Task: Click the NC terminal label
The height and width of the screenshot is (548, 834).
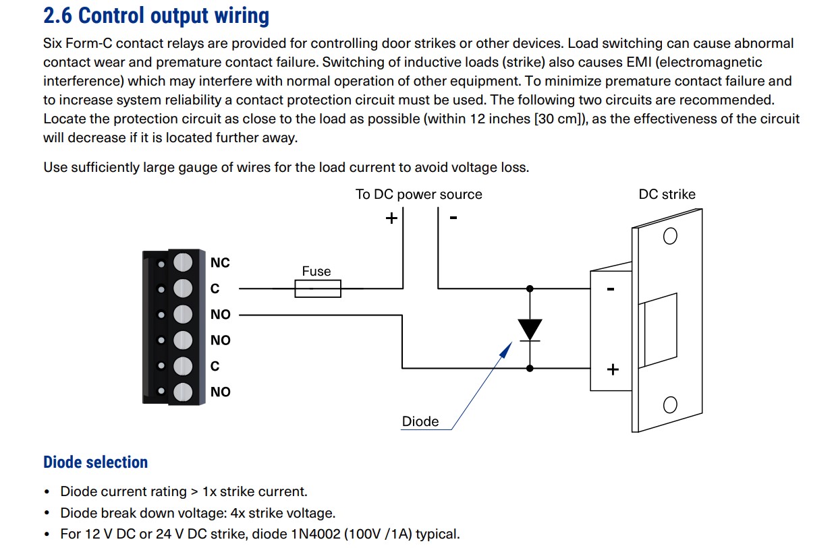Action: pos(220,263)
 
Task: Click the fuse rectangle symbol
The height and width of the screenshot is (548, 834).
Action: pos(318,289)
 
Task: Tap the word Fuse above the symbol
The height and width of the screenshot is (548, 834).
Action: pos(316,271)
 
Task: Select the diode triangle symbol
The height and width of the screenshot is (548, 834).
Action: pos(530,329)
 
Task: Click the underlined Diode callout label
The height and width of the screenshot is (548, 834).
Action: pos(420,422)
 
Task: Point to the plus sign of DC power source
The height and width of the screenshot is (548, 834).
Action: pos(391,218)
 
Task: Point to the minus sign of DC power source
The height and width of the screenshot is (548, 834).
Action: pos(453,218)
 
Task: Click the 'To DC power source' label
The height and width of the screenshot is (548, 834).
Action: pos(418,194)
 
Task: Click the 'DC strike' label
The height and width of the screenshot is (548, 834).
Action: pos(666,194)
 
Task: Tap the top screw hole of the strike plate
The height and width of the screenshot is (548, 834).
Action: pos(670,237)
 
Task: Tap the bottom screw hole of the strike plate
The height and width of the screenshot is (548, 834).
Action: pos(670,404)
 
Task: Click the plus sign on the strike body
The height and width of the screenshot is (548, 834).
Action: pos(613,369)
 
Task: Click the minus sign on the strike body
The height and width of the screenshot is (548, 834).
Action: pos(611,290)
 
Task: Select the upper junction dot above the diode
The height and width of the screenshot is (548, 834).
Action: pos(530,288)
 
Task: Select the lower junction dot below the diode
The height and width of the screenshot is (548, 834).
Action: pos(530,368)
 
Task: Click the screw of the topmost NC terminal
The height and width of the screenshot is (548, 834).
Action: pos(183,263)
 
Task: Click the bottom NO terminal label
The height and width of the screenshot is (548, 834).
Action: pos(220,392)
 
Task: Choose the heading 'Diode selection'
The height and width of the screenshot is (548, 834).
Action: pos(95,462)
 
